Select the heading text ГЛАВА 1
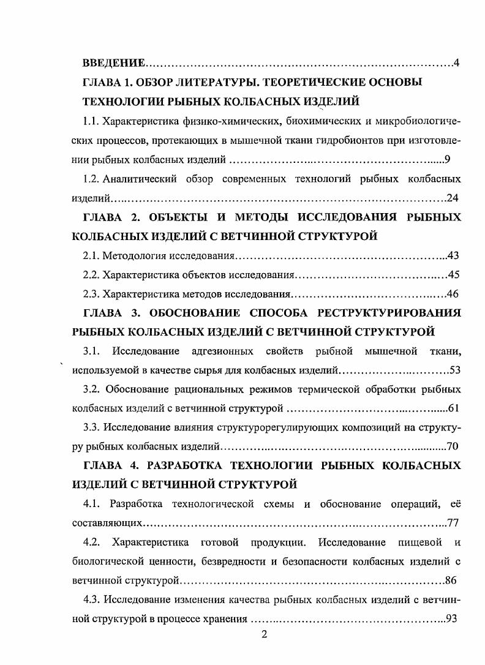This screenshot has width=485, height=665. (x=109, y=82)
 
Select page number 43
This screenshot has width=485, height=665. (x=454, y=255)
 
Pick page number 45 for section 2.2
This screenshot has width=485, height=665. (x=454, y=274)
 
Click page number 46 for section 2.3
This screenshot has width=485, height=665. (x=454, y=293)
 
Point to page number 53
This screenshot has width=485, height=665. (x=454, y=370)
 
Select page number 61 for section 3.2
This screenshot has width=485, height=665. (x=454, y=408)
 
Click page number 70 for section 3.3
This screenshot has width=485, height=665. (x=454, y=447)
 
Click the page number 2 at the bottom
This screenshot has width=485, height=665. (x=264, y=635)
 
